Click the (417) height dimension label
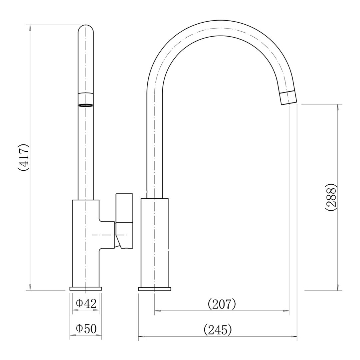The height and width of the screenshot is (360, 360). coord(24,157)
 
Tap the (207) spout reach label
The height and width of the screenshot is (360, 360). coord(222,304)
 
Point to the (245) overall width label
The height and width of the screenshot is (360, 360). coord(218,330)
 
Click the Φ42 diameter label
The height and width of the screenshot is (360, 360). coord(86,303)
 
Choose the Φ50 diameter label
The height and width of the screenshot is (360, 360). coord(86,329)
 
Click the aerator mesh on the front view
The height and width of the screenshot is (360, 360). coord(86,105)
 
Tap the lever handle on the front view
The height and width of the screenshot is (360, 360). coord(124,221)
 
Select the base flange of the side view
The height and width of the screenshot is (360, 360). coord(154,289)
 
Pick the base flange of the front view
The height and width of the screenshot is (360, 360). coord(86,289)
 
